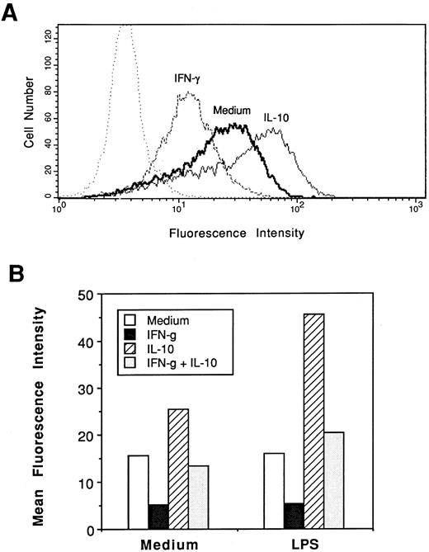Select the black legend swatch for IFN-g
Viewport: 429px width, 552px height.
point(130,332)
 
